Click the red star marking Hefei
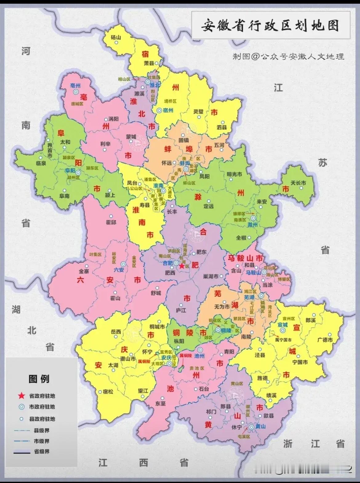coord(182,266)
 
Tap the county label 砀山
coord(116,37)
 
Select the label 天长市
coord(298,183)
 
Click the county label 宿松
coord(108,392)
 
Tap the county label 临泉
coord(41,163)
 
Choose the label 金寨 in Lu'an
coord(84,271)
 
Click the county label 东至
coord(160,403)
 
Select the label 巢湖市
coord(210,276)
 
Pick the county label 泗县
coord(222,127)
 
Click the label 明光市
coord(234,174)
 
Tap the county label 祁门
coord(211,411)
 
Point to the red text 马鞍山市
coord(245,258)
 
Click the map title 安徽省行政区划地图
coord(270,26)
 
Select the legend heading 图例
coord(39,379)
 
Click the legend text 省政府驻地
coord(42,396)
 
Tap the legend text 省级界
coord(42,451)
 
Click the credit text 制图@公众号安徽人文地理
coord(288,57)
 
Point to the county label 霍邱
coord(111,222)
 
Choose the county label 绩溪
coord(271,395)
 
